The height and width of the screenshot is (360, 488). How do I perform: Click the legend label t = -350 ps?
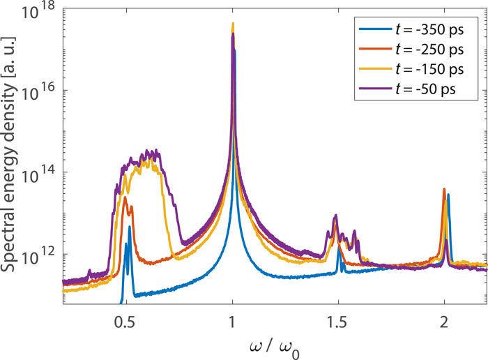[x=429, y=31]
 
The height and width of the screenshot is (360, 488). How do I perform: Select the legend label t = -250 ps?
[x=429, y=50]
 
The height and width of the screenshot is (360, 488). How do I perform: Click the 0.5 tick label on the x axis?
[x=125, y=322]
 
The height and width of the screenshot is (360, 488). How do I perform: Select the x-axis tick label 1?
[x=233, y=322]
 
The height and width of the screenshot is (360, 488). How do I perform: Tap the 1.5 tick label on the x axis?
[x=338, y=322]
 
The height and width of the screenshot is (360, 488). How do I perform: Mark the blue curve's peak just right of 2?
[x=448, y=195]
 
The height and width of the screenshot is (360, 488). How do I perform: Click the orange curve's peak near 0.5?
[x=125, y=197]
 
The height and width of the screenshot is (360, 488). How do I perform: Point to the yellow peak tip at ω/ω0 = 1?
[x=233, y=24]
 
